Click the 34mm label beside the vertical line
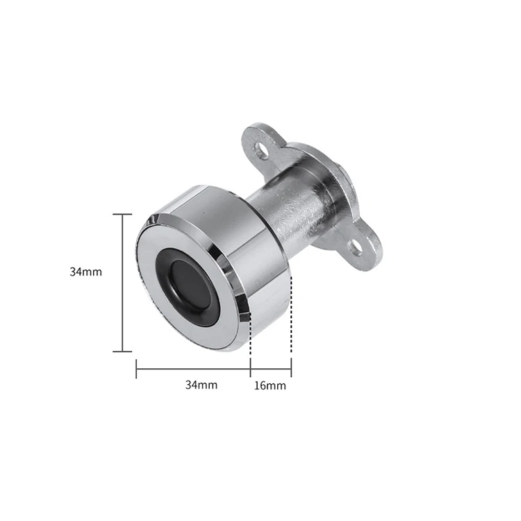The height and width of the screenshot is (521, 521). pyautogui.click(x=85, y=272)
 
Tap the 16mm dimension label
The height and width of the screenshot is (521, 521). pyautogui.click(x=270, y=385)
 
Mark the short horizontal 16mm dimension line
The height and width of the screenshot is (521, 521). pyautogui.click(x=271, y=368)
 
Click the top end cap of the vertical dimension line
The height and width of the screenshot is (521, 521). pyautogui.click(x=122, y=214)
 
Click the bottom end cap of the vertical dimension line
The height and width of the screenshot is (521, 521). pyautogui.click(x=122, y=352)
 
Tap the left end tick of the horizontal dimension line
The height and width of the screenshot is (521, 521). pyautogui.click(x=136, y=368)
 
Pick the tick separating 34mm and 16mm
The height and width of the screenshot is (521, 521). pyautogui.click(x=250, y=368)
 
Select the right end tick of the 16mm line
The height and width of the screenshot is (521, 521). pyautogui.click(x=291, y=368)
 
